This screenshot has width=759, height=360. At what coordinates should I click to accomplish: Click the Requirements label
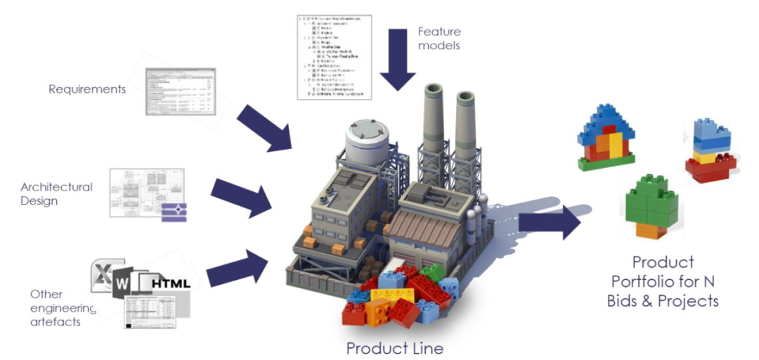pyautogui.click(x=87, y=89)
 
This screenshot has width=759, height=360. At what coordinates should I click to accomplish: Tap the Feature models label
pyautogui.click(x=439, y=39)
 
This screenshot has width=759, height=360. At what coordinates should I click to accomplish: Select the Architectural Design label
pyautogui.click(x=56, y=193)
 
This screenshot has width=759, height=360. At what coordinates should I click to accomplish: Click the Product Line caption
pyautogui.click(x=395, y=347)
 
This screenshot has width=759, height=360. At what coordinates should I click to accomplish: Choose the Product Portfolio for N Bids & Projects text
pyautogui.click(x=663, y=281)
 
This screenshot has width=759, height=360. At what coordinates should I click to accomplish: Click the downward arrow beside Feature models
pyautogui.click(x=397, y=59)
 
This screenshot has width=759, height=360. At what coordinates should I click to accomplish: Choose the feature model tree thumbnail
pyautogui.click(x=333, y=56)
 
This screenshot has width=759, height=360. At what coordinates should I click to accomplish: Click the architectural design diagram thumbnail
pyautogui.click(x=148, y=194)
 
